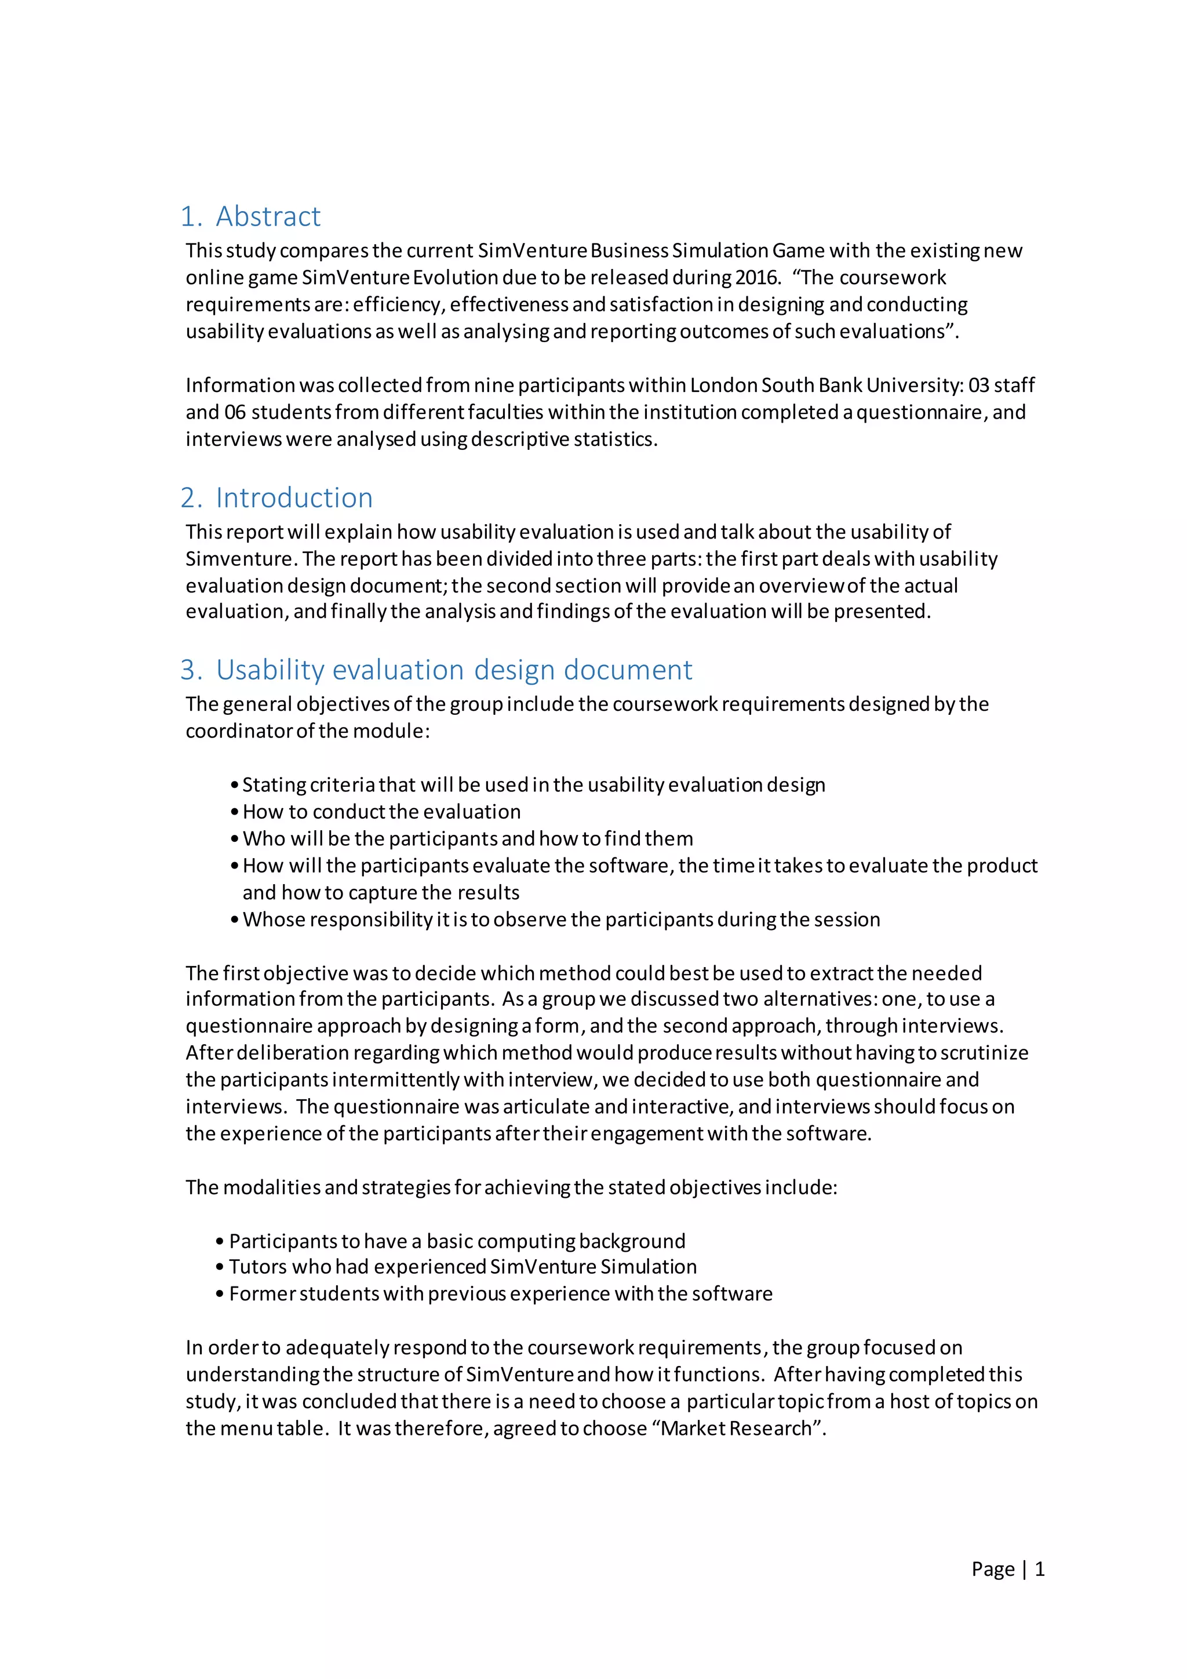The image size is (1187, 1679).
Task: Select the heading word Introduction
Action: (x=294, y=498)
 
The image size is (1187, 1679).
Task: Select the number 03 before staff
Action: (x=979, y=386)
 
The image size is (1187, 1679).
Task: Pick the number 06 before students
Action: (x=235, y=412)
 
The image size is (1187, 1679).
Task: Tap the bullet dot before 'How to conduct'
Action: (x=235, y=812)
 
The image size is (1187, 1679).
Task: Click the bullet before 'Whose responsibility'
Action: (x=235, y=920)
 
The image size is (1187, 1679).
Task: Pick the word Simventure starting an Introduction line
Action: (x=241, y=559)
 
